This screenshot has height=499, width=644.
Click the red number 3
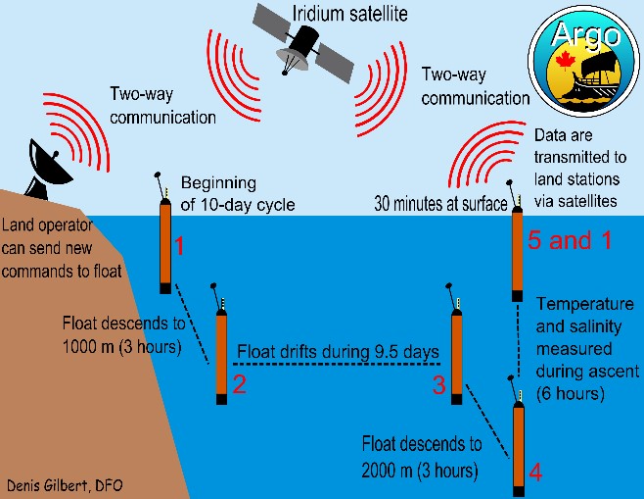[438, 384]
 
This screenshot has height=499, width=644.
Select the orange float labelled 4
[518, 447]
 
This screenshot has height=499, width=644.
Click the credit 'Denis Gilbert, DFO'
[65, 485]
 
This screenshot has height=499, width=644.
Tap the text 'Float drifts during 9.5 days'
[337, 351]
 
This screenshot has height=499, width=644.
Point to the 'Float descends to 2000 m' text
[422, 456]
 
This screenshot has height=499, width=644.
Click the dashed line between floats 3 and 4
[485, 422]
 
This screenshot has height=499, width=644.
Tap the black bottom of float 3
[455, 397]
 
